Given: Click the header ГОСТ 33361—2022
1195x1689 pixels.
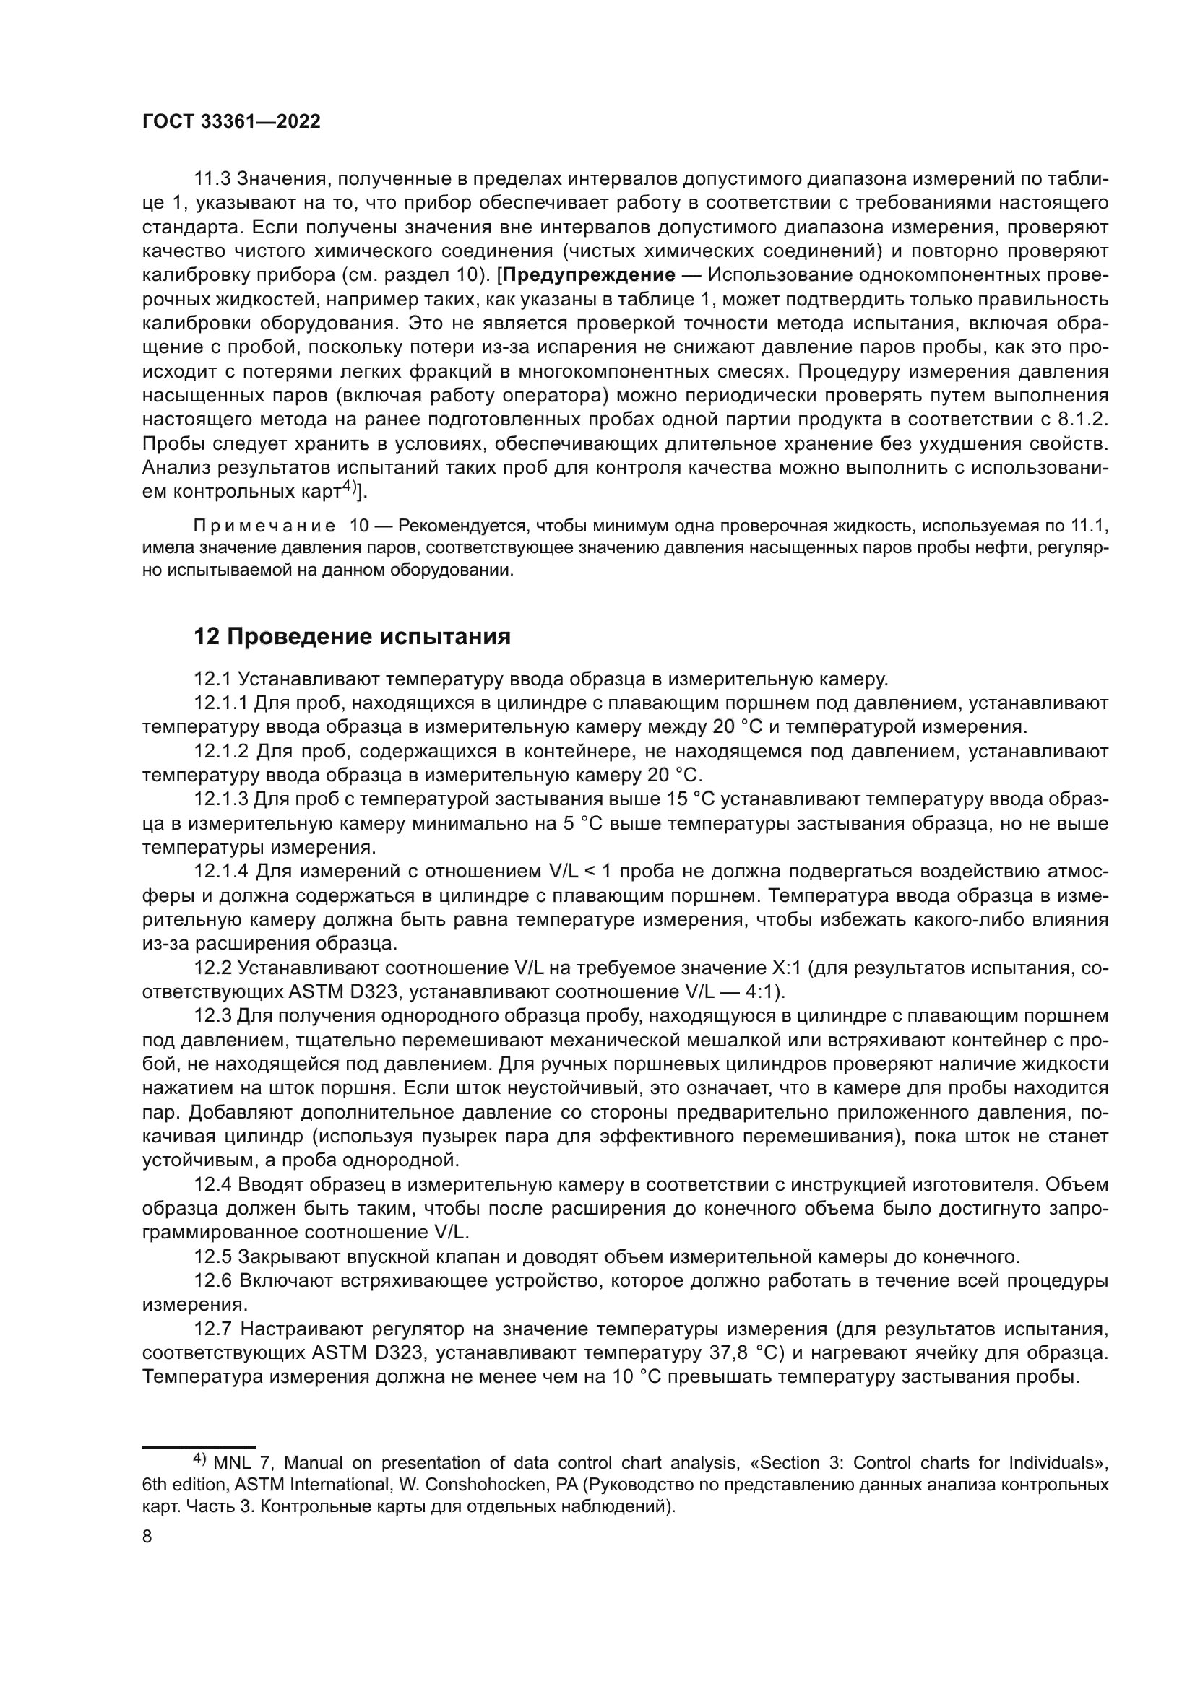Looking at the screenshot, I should (231, 122).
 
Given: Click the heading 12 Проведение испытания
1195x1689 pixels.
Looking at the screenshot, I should (352, 636).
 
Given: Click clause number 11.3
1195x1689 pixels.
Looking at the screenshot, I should (212, 179).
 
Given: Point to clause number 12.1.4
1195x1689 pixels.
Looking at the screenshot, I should (222, 872).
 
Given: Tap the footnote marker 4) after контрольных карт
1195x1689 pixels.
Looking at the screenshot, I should (348, 487).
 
